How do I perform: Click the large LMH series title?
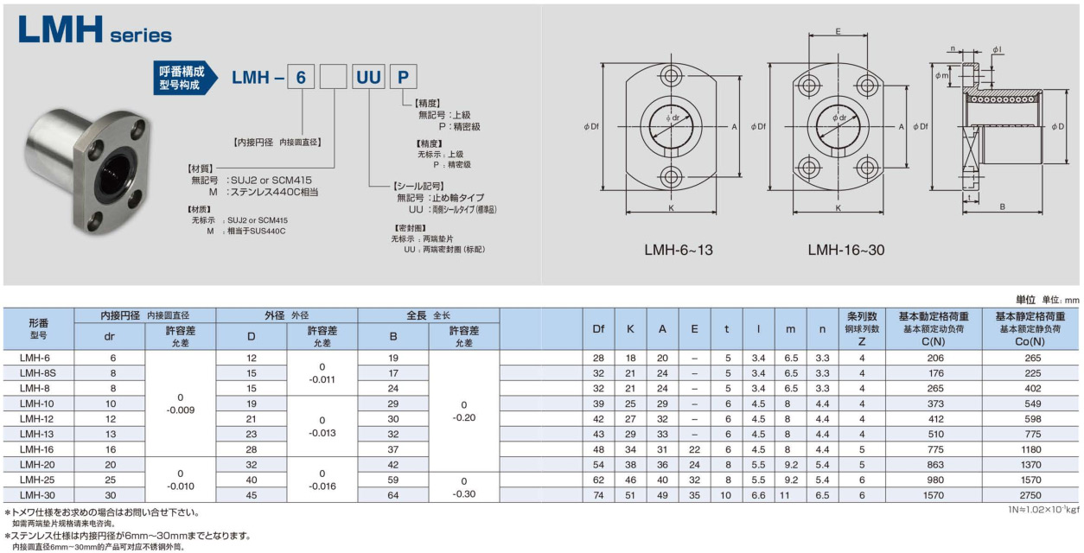(95, 29)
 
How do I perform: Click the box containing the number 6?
(301, 76)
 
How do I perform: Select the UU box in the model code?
(368, 76)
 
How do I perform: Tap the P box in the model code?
(403, 76)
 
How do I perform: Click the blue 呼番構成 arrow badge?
(185, 78)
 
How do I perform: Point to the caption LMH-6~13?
(679, 250)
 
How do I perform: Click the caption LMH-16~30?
(846, 250)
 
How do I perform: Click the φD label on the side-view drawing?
(1058, 127)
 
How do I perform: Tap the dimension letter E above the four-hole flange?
(839, 31)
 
